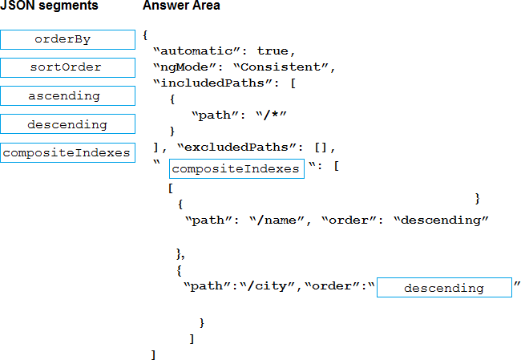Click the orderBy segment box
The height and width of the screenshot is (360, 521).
(x=67, y=39)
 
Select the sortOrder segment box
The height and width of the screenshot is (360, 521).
(x=67, y=67)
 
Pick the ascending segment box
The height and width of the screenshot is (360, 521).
(x=67, y=96)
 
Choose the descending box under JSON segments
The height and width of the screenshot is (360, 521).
(x=67, y=125)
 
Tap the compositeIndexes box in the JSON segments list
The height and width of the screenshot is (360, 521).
(x=67, y=153)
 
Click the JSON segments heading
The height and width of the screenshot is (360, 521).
(x=49, y=6)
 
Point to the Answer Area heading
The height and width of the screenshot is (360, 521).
(x=181, y=6)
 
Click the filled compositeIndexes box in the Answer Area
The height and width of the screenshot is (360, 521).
(x=236, y=168)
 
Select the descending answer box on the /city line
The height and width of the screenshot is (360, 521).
(x=443, y=288)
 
